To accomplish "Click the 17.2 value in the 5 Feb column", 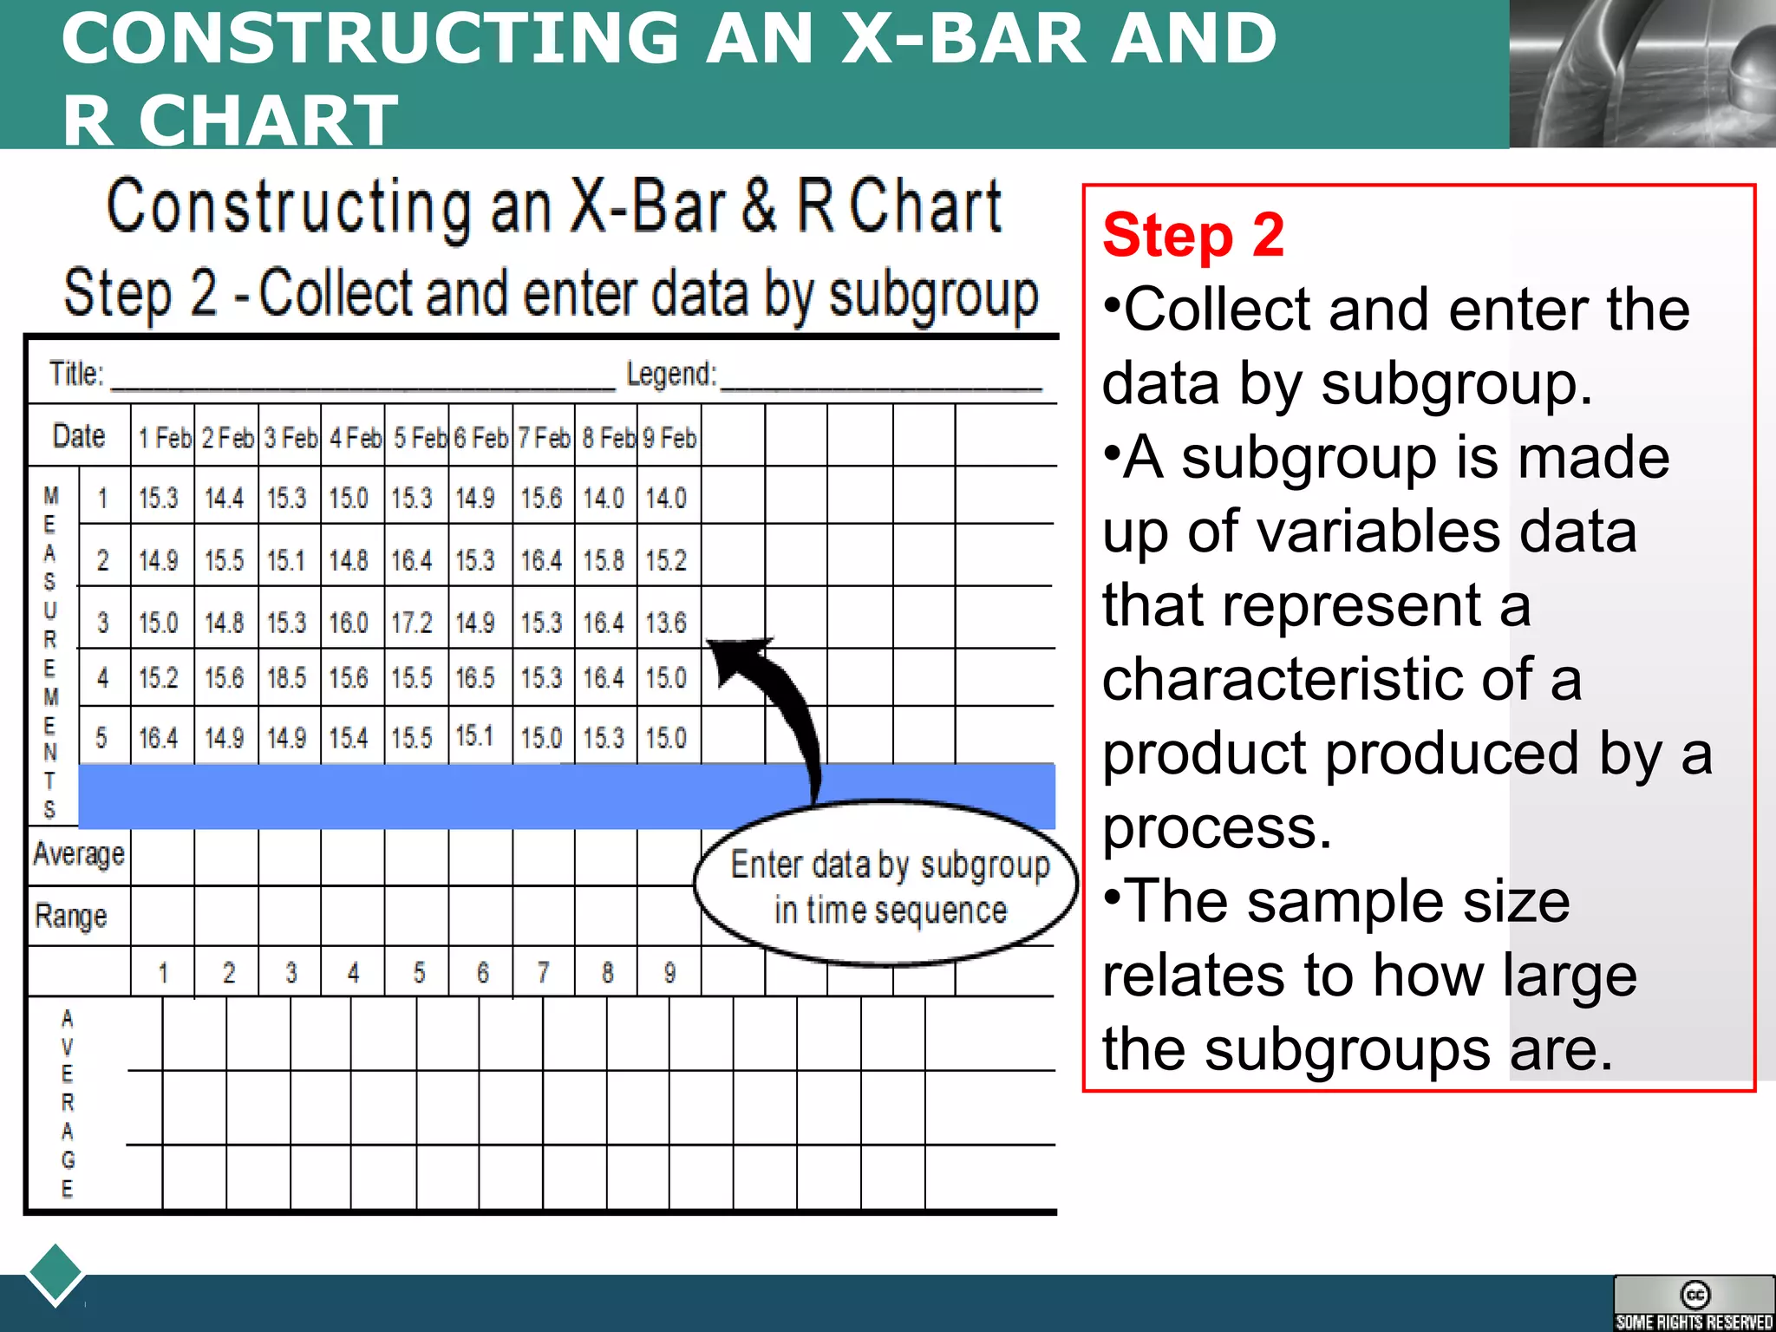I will [x=411, y=623].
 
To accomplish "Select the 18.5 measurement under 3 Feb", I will [x=287, y=677].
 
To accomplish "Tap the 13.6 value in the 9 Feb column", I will [x=666, y=623].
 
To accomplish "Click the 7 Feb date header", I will [x=544, y=438].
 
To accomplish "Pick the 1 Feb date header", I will [x=164, y=438].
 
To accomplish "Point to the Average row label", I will [x=79, y=855].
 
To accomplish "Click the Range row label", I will [x=71, y=917].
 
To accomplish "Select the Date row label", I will [x=79, y=436].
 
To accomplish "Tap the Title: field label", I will [x=76, y=375].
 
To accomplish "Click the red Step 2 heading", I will [x=1193, y=235].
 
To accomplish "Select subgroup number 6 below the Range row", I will [x=482, y=973].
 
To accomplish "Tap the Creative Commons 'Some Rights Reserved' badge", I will [x=1694, y=1303].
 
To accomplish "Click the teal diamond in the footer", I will [x=55, y=1274].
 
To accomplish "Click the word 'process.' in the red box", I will [x=1216, y=827].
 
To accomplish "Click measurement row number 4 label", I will [x=103, y=678].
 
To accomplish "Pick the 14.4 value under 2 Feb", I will [x=224, y=499].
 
